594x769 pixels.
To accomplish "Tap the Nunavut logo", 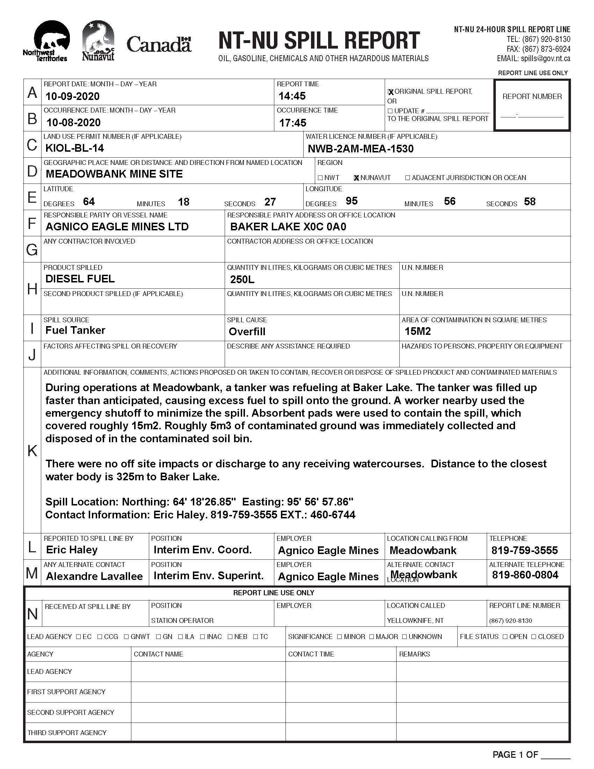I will point(98,41).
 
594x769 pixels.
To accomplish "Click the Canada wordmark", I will point(159,45).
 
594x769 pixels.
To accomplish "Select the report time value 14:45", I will point(292,96).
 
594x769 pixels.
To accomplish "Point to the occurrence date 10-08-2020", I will point(73,123).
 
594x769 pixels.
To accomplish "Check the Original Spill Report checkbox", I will point(390,92).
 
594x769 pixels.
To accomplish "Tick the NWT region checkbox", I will point(320,178).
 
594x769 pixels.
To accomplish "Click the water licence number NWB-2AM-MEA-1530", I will point(360,149).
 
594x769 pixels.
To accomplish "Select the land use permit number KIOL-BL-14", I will point(75,148).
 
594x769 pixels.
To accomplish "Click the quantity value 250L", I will point(242,280).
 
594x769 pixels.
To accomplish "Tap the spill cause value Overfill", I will point(247,332).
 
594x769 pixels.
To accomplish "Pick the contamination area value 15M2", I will point(417,331).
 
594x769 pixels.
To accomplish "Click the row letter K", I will point(32,451).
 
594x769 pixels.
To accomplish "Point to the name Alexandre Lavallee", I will point(94,576).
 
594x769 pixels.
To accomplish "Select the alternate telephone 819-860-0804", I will point(525,575).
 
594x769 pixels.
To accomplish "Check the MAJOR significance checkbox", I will point(372,637).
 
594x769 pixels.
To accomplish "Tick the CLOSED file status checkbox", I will point(534,637).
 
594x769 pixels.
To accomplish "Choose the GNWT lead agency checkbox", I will point(126,637).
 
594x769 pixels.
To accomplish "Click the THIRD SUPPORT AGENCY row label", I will point(67,733).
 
